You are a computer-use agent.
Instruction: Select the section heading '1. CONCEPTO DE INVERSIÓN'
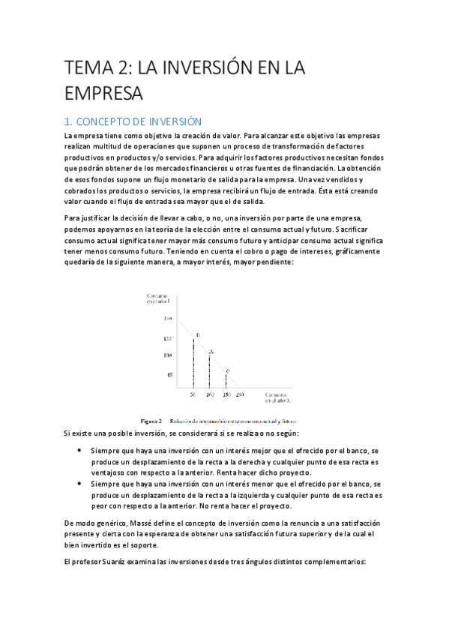[x=133, y=121]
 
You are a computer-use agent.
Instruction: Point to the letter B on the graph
[x=197, y=334]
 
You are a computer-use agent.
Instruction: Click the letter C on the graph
[x=228, y=371]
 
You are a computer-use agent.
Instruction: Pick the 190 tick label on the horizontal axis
[x=239, y=394]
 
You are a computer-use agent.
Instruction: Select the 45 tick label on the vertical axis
[x=169, y=374]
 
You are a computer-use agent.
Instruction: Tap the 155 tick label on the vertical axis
[x=168, y=338]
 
